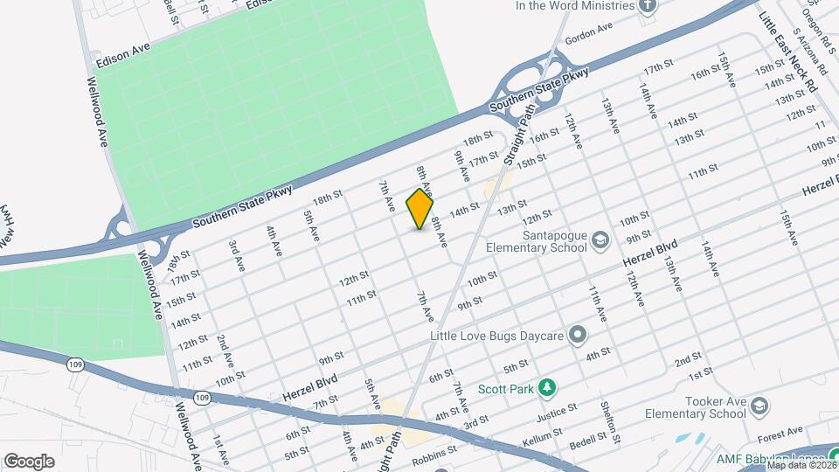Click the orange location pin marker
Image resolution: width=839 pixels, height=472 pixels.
(420, 209)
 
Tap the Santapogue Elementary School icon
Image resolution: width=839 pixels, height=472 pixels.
(600, 239)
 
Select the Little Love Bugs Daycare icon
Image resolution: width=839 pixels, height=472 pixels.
(577, 334)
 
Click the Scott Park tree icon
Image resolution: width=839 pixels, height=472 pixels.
(547, 386)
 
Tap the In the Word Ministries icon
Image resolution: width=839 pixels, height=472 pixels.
(648, 6)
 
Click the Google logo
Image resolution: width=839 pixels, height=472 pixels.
(29, 462)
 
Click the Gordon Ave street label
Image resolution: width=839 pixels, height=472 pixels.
(589, 30)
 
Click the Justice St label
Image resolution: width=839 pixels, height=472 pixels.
(561, 408)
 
